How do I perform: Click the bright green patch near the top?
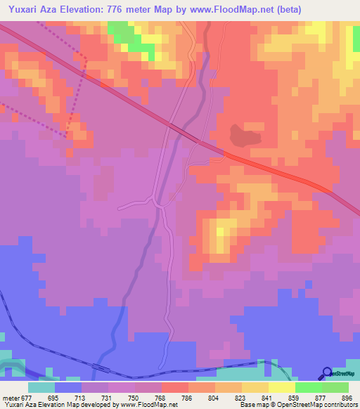125,35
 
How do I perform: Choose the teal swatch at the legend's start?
41,387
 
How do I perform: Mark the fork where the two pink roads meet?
161,204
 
